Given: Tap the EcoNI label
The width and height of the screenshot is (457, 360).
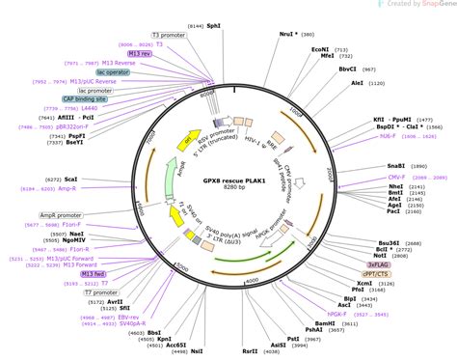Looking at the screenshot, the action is [x=319, y=47].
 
